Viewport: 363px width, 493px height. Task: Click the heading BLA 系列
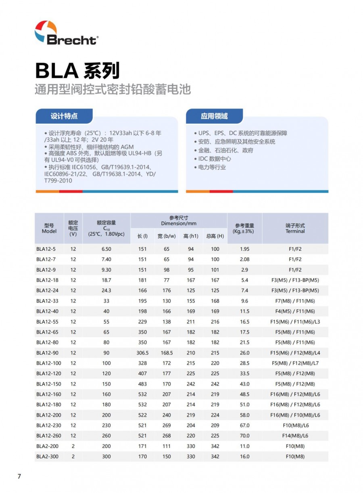[x=77, y=71]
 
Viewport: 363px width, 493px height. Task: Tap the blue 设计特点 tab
[x=64, y=116]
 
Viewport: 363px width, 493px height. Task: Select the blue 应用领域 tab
[x=214, y=116]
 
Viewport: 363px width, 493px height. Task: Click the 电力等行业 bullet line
[x=212, y=167]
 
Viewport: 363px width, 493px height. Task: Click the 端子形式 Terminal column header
[x=295, y=229]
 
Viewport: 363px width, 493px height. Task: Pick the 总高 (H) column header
[x=215, y=236]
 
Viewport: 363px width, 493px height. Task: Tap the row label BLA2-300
[x=46, y=457]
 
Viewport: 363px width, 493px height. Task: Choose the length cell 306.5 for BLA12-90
[x=142, y=353]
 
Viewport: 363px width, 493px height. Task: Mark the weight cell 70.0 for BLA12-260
[x=244, y=436]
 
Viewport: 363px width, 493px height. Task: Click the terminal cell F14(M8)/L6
[x=295, y=436]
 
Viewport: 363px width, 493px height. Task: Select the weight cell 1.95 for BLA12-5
[x=244, y=249]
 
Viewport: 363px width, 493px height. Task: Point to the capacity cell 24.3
[x=106, y=291]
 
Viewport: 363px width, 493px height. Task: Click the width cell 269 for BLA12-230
[x=167, y=425]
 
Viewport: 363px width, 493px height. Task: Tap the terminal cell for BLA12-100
[x=295, y=363]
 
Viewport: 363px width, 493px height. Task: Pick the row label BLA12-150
[x=48, y=384]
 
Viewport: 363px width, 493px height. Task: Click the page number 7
[x=19, y=476]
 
